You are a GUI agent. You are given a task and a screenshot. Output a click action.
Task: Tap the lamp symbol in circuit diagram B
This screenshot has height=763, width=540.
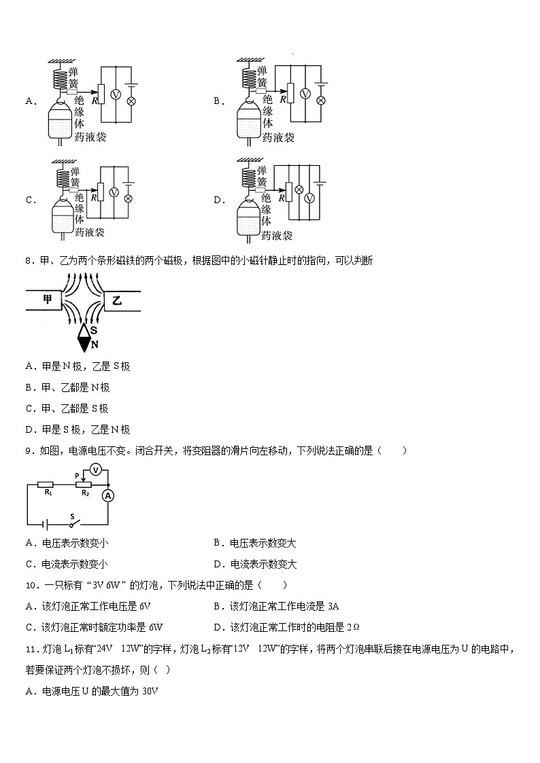[321, 101]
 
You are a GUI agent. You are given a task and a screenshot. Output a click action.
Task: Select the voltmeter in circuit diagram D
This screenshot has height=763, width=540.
[309, 198]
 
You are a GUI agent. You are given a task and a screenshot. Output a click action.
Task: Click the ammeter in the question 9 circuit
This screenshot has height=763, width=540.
[107, 497]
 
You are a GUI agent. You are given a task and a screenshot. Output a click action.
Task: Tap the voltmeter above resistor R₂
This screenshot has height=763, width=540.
[97, 469]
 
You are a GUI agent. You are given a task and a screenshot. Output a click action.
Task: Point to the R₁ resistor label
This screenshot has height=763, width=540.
[48, 493]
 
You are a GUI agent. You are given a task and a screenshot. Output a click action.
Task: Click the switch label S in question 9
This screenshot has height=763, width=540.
[71, 516]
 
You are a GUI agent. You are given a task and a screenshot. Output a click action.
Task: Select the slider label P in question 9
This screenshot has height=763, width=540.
[77, 475]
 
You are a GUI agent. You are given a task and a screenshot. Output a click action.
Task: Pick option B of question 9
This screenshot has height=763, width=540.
[255, 543]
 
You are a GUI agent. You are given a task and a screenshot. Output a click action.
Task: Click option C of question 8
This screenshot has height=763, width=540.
[67, 408]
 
